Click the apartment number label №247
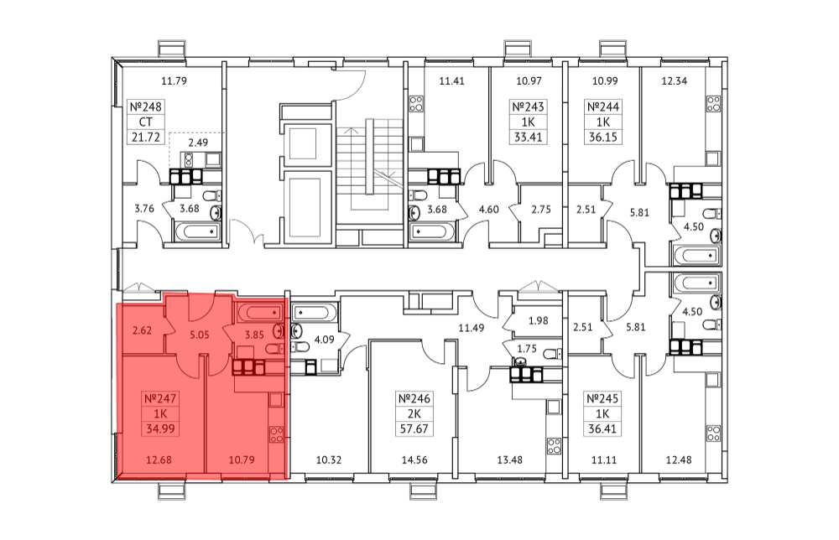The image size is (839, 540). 160,398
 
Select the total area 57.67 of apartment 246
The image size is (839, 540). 414,428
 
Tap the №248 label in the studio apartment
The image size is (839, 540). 145,106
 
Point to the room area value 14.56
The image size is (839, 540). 414,460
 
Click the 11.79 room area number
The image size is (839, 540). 174,81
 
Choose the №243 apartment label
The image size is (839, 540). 528,106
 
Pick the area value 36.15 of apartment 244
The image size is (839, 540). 603,137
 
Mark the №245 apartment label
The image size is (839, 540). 602,398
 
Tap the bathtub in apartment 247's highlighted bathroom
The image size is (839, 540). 259,311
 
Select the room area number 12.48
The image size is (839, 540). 679,460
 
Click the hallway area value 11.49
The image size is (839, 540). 471,328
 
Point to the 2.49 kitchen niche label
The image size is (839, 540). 198,143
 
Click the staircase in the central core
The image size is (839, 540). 369,170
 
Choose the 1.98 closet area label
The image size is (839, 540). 539,321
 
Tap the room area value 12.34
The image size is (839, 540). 675,81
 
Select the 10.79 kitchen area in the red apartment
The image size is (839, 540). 242,460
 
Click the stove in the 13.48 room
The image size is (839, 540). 554,446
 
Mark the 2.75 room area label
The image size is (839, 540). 541,209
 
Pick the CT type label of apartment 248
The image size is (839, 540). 145,122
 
